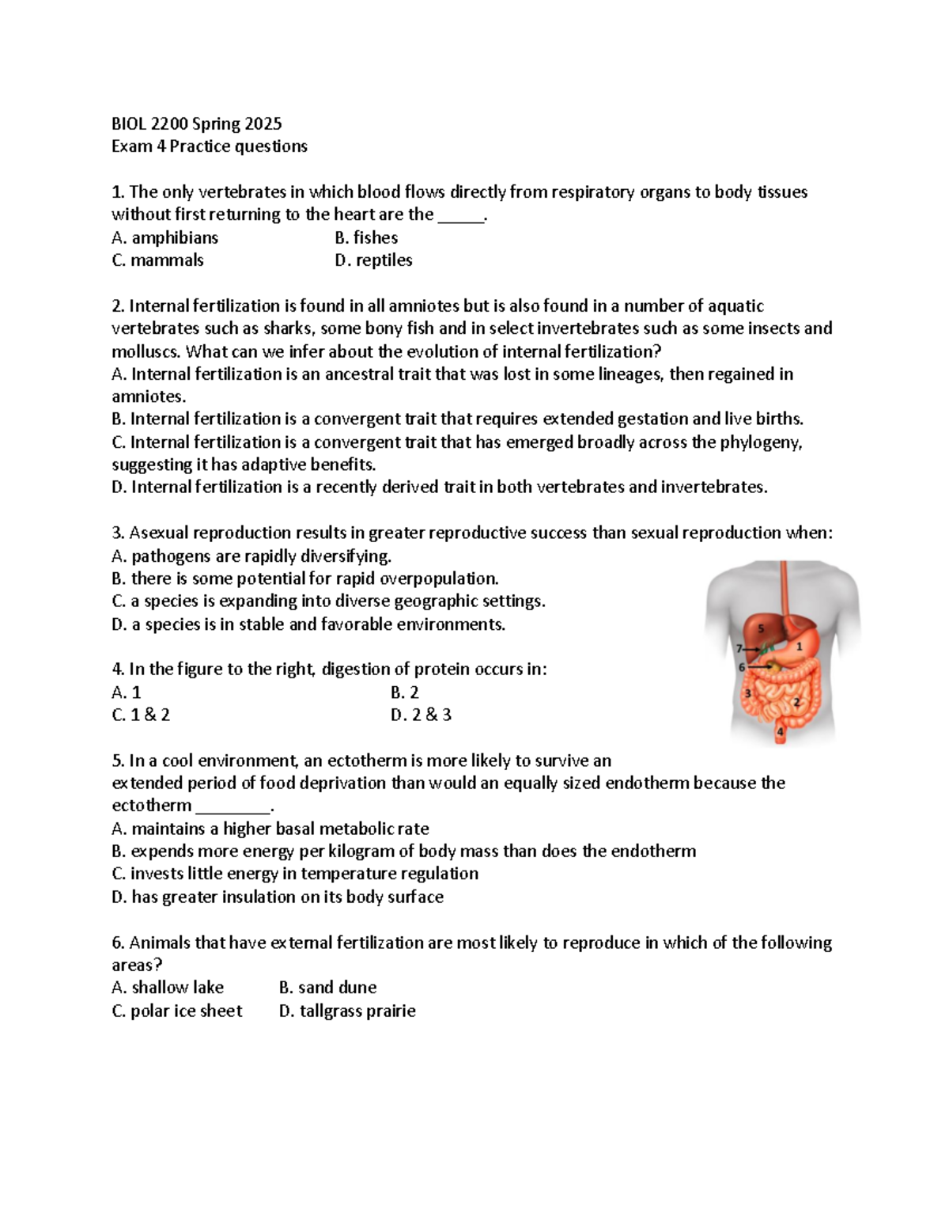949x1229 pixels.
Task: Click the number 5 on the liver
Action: pos(761,628)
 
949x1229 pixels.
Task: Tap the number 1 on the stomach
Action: pos(800,646)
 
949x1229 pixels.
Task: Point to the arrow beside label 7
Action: pos(752,649)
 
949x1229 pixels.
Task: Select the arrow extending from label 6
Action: pos(760,666)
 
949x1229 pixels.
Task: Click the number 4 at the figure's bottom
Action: pos(780,731)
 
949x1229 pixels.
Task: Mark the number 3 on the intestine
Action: pos(747,694)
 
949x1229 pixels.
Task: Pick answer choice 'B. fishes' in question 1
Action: pos(366,237)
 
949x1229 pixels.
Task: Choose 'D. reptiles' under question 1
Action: pos(373,260)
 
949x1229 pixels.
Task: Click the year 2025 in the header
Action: pos(263,123)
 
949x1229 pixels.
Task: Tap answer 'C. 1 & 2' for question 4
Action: pos(141,715)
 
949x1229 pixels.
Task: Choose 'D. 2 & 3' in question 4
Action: pos(421,715)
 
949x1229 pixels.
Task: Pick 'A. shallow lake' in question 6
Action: pos(168,988)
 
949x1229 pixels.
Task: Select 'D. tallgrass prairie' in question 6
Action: pos(347,1011)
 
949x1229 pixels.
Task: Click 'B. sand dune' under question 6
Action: pos(327,988)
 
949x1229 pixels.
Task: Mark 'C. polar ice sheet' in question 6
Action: pos(177,1011)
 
